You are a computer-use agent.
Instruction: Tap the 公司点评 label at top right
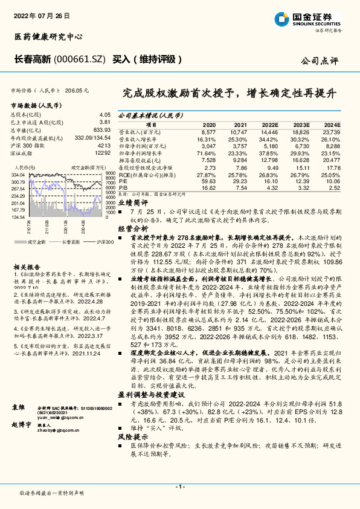click(x=321, y=61)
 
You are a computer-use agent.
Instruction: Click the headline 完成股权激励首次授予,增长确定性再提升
click(x=229, y=94)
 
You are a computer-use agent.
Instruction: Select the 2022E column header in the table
click(x=269, y=123)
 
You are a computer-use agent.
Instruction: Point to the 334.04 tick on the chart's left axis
click(x=18, y=175)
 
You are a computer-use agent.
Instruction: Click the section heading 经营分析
click(x=132, y=229)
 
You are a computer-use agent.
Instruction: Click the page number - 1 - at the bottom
click(x=179, y=487)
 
